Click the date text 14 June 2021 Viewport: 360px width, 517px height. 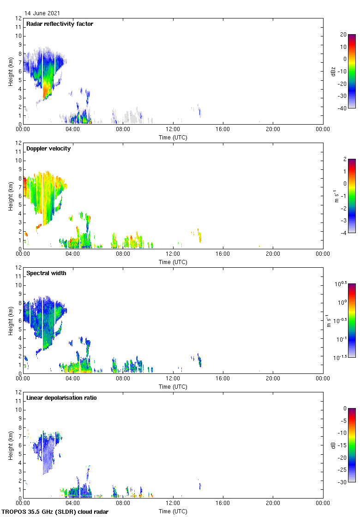(x=42, y=13)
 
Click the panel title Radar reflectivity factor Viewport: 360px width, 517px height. (x=60, y=24)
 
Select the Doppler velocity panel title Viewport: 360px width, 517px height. (x=48, y=149)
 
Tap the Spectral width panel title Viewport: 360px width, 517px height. (x=46, y=273)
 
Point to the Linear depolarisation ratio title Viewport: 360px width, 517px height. (x=61, y=398)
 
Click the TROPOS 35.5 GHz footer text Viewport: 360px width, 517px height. (x=55, y=512)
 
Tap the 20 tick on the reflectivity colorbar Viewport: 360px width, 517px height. (x=343, y=35)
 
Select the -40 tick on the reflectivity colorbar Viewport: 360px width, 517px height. (x=343, y=108)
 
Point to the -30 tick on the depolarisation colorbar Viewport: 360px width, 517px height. (x=343, y=482)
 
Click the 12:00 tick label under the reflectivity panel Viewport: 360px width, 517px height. (x=173, y=130)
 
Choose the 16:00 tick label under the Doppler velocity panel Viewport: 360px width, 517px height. (x=223, y=254)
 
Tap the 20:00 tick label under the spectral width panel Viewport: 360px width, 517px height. (x=273, y=379)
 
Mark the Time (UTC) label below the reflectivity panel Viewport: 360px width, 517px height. (x=173, y=137)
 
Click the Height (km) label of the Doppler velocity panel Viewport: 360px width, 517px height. (x=10, y=196)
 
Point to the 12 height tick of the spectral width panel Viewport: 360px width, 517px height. (x=18, y=268)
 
